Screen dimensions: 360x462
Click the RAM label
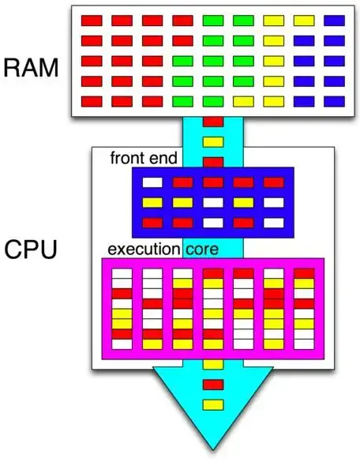pyautogui.click(x=31, y=68)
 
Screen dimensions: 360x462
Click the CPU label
pyautogui.click(x=31, y=250)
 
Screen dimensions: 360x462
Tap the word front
pyautogui.click(x=129, y=158)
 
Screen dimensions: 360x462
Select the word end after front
pyautogui.click(x=163, y=158)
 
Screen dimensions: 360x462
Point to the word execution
pyautogui.click(x=144, y=250)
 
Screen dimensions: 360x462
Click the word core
pyautogui.click(x=202, y=250)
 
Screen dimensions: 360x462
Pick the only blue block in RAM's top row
pyautogui.click(x=335, y=21)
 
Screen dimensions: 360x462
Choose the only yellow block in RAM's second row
pyautogui.click(x=274, y=41)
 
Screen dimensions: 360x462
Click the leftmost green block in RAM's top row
pyautogui.click(x=213, y=21)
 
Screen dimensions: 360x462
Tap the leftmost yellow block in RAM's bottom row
pyautogui.click(x=243, y=102)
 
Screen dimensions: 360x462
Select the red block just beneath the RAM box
pyautogui.click(x=213, y=122)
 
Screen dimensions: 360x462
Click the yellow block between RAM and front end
pyautogui.click(x=213, y=142)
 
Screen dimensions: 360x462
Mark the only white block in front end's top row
pyautogui.click(x=152, y=182)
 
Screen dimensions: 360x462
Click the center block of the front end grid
pyautogui.click(x=213, y=203)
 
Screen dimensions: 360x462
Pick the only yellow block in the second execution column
pyautogui.click(x=152, y=344)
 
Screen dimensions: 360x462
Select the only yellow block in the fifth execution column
pyautogui.click(x=243, y=314)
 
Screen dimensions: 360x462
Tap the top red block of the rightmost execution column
pyautogui.click(x=304, y=273)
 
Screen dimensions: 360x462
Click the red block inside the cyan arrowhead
pyautogui.click(x=213, y=385)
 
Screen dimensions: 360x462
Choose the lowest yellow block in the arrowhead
pyautogui.click(x=213, y=404)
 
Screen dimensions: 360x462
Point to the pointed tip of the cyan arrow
pyautogui.click(x=213, y=449)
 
